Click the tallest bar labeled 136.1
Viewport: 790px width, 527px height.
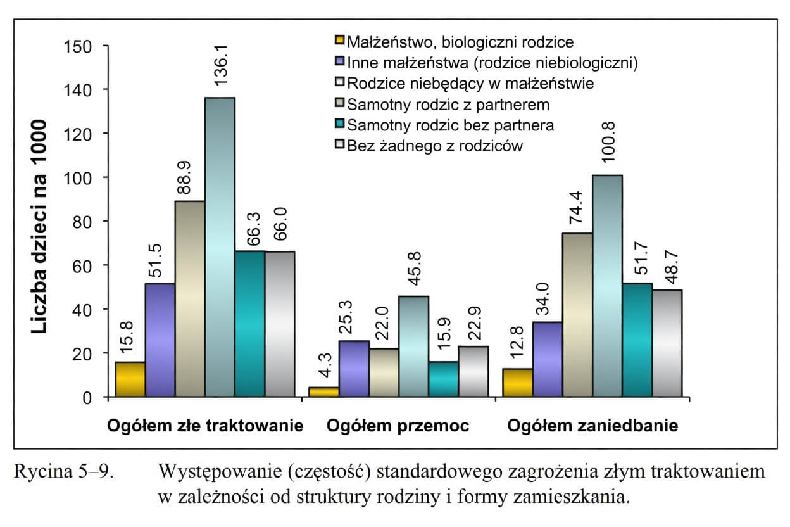220,247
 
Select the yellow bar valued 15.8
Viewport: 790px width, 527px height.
130,380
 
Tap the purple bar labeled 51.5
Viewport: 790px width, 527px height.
160,340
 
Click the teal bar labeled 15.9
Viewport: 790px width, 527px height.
444,380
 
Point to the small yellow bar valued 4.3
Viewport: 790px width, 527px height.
323,392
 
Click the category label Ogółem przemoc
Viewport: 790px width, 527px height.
398,426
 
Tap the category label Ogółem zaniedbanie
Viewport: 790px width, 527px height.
592,426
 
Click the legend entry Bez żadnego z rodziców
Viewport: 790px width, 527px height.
436,146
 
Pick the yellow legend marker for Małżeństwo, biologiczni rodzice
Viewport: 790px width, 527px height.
339,42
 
